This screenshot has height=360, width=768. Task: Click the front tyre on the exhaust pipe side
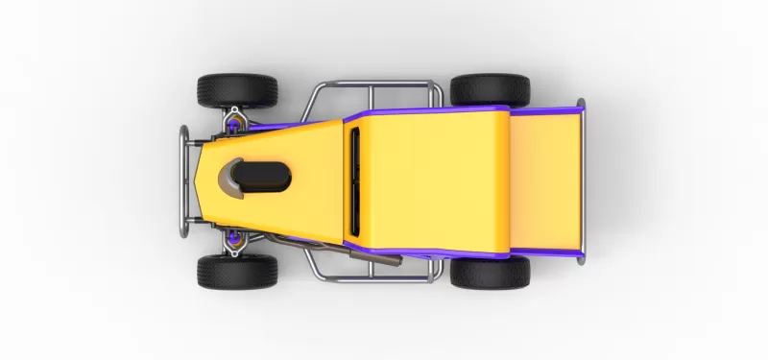(x=237, y=272)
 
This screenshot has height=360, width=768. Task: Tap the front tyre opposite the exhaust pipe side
(x=237, y=90)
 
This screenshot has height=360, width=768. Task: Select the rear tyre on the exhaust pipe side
(x=490, y=273)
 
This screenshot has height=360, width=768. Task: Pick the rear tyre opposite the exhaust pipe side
(x=490, y=89)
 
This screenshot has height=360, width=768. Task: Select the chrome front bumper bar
(x=183, y=180)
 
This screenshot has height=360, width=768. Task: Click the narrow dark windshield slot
(x=354, y=180)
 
